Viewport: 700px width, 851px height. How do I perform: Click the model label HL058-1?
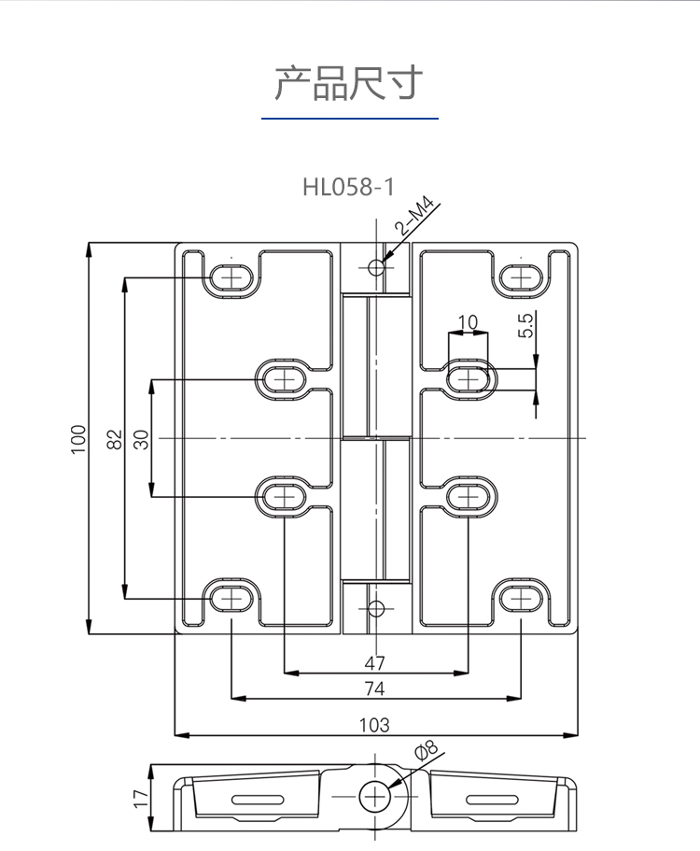coord(348,187)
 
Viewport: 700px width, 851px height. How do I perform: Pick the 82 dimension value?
coord(115,439)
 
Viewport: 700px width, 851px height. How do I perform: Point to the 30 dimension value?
coord(141,439)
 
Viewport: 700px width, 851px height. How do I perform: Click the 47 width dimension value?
coord(374,663)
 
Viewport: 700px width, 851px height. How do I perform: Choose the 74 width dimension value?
coord(374,689)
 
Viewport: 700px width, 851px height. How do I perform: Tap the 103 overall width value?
coord(374,724)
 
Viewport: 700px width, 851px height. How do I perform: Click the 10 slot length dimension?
coord(468,322)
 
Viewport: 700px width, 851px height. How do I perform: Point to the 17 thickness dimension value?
coord(141,799)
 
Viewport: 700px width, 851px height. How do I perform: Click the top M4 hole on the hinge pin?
coord(376,268)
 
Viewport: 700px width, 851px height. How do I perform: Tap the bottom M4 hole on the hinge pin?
coord(376,610)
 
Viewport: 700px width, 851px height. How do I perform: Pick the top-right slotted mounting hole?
coord(520,277)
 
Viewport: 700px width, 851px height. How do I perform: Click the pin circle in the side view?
coord(376,796)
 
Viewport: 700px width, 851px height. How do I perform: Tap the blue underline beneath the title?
coord(349,119)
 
